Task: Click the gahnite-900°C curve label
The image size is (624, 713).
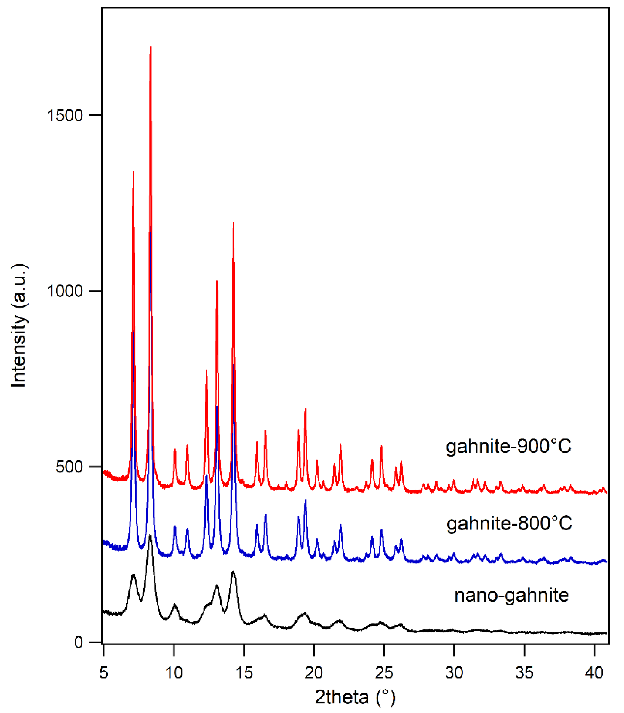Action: [x=508, y=446]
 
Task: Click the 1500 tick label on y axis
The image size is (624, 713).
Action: [x=65, y=116]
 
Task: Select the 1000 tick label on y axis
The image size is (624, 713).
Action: [x=65, y=291]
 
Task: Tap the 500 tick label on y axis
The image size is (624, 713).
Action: [x=69, y=467]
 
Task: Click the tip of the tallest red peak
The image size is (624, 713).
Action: [x=150, y=46]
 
